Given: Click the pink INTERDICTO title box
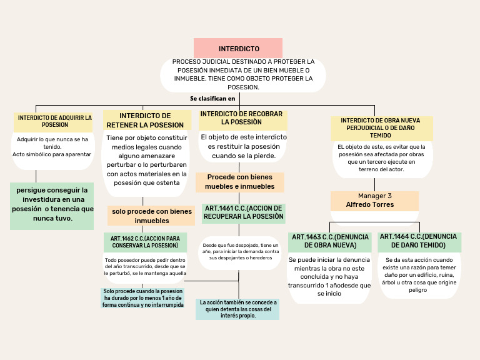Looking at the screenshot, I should click(238, 48).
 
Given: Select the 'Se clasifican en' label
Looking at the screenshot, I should click(212, 98).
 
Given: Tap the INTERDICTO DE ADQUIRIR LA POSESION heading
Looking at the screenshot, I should click(55, 121).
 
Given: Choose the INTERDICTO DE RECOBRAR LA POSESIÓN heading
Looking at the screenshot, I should click(241, 118).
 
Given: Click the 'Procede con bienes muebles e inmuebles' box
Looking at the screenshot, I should click(240, 182).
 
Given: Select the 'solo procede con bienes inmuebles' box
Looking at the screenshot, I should click(152, 216).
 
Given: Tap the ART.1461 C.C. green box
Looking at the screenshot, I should click(243, 212).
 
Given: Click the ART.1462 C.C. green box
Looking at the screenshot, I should click(145, 242).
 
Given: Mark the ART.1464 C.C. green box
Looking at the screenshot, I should click(419, 241).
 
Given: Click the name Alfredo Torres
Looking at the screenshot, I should click(370, 204).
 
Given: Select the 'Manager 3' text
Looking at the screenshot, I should click(375, 196).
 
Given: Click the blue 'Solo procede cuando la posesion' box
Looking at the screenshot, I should click(144, 298).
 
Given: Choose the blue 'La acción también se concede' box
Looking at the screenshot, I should click(237, 309).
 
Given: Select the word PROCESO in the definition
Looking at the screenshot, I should click(187, 62).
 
